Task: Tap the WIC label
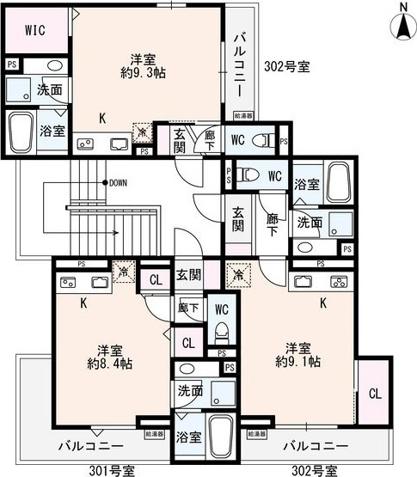pos(34,31)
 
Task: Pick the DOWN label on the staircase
pos(118,182)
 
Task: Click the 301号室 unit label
pos(111,469)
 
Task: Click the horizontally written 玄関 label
pos(189,275)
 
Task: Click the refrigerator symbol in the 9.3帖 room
pos(141,132)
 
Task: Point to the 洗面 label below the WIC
pos(49,89)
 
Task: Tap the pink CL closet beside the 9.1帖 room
pos(374,394)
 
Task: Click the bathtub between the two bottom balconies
pos(222,438)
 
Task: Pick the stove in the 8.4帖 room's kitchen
pos(66,281)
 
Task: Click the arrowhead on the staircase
pos(114,232)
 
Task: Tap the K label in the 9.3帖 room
pos(101,118)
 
